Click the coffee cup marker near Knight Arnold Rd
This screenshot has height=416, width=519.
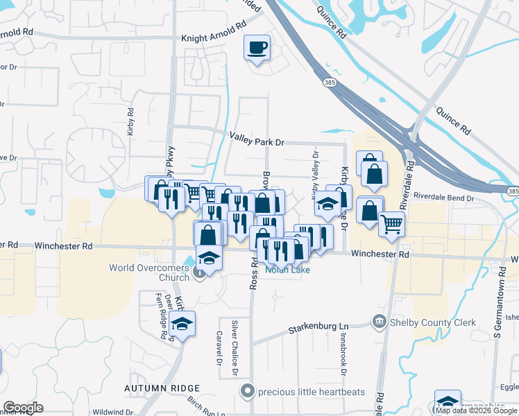coord(257,48)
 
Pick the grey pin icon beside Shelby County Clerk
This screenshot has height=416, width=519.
coord(380,320)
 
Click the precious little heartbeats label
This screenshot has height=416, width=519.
coord(312,392)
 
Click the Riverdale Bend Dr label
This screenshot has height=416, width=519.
coord(443,198)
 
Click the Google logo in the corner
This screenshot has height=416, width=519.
coord(23,408)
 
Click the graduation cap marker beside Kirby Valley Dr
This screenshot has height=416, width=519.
coord(327,205)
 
